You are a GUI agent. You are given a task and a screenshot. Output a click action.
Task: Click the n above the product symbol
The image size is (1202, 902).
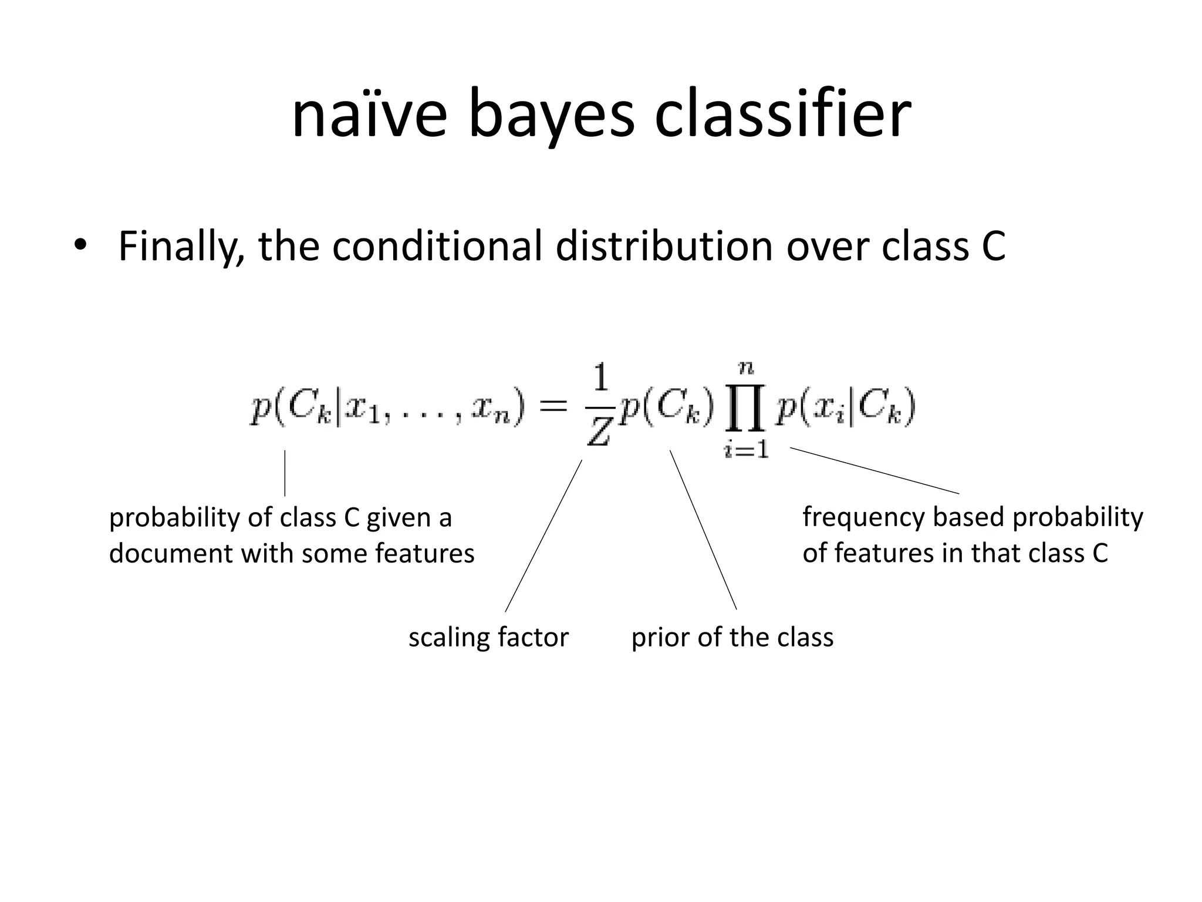coord(746,368)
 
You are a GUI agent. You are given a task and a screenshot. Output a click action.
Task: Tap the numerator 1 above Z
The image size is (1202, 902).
coord(600,379)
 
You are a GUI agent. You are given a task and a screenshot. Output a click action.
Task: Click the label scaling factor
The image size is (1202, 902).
coord(488,637)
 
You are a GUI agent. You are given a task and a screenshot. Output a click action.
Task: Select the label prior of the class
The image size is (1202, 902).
coord(732,637)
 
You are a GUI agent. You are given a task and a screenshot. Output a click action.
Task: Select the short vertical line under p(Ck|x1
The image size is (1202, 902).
coord(285,473)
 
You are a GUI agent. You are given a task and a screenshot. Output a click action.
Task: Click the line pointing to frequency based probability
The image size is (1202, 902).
coord(875,470)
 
